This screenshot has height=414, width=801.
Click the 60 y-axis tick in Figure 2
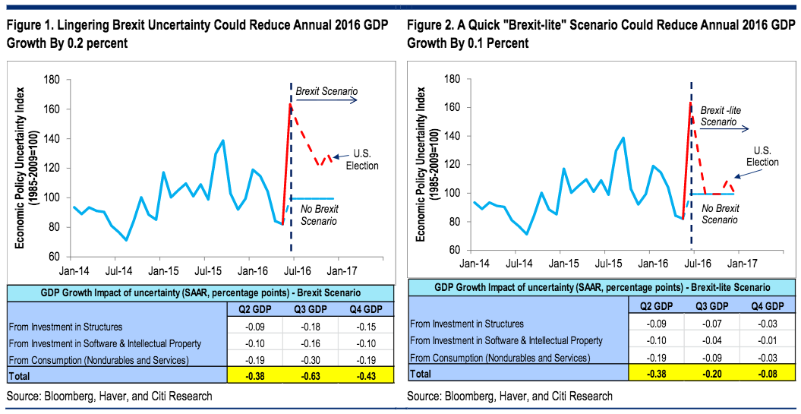(453, 249)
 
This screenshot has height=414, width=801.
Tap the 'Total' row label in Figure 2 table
(420, 373)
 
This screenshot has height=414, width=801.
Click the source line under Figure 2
(509, 396)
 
